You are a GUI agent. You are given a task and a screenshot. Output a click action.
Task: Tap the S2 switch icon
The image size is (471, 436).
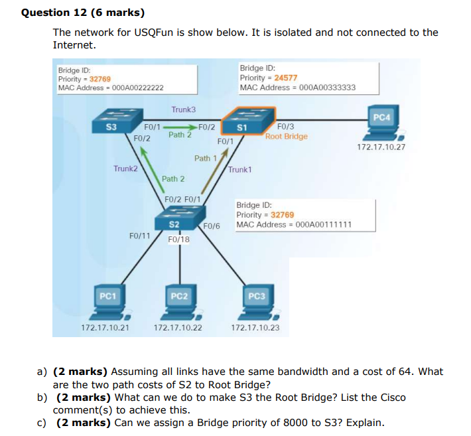pyautogui.click(x=174, y=222)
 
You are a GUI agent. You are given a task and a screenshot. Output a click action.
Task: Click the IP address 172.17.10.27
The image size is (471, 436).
pyautogui.click(x=381, y=147)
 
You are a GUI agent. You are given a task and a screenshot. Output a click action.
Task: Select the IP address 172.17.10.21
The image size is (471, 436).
pyautogui.click(x=105, y=327)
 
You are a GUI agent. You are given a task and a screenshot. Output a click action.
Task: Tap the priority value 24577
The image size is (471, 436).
pyautogui.click(x=285, y=78)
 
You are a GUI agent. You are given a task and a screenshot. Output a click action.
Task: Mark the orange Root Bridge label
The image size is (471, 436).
pyautogui.click(x=287, y=136)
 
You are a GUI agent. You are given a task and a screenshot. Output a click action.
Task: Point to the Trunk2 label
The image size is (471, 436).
pyautogui.click(x=125, y=169)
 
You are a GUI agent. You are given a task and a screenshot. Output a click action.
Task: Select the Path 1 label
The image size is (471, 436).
pyautogui.click(x=205, y=158)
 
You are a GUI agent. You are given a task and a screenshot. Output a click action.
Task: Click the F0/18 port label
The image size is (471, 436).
pyautogui.click(x=179, y=240)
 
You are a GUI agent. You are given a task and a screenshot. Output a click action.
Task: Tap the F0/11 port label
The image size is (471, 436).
pyautogui.click(x=139, y=235)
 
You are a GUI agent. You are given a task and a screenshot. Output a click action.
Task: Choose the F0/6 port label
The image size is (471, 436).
pyautogui.click(x=212, y=227)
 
